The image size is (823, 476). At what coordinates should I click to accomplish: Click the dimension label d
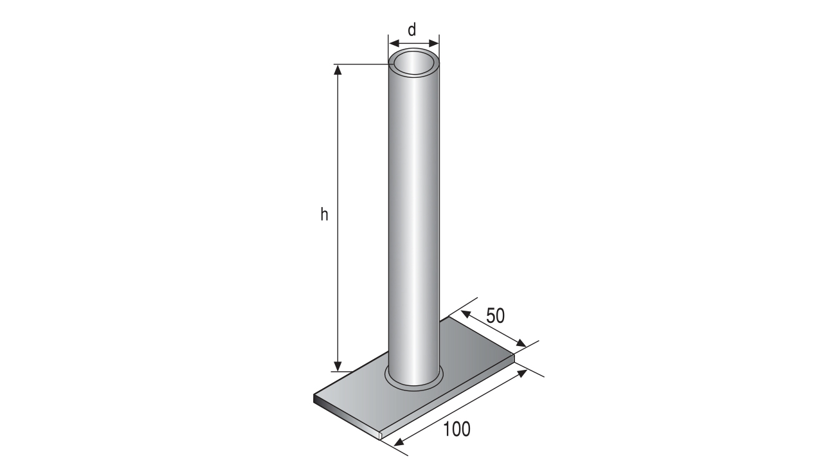[x=412, y=30]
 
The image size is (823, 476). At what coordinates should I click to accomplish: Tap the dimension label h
[x=323, y=214]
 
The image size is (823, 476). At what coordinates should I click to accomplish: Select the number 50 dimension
[x=496, y=316]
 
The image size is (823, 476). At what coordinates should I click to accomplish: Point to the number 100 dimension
[x=457, y=429]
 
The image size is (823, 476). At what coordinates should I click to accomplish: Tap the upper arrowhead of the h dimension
[x=338, y=70]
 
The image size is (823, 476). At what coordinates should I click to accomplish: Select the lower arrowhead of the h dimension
[x=338, y=366]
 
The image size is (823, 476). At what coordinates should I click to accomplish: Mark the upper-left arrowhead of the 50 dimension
[x=466, y=315]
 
